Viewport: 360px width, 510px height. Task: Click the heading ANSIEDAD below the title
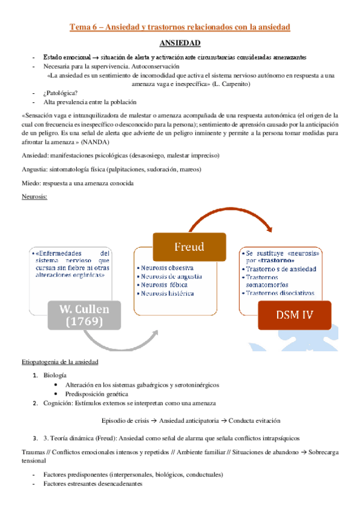[x=180, y=43]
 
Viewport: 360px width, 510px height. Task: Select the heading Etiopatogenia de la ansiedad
[x=59, y=362]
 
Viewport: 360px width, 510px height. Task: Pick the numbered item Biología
[x=56, y=375]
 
